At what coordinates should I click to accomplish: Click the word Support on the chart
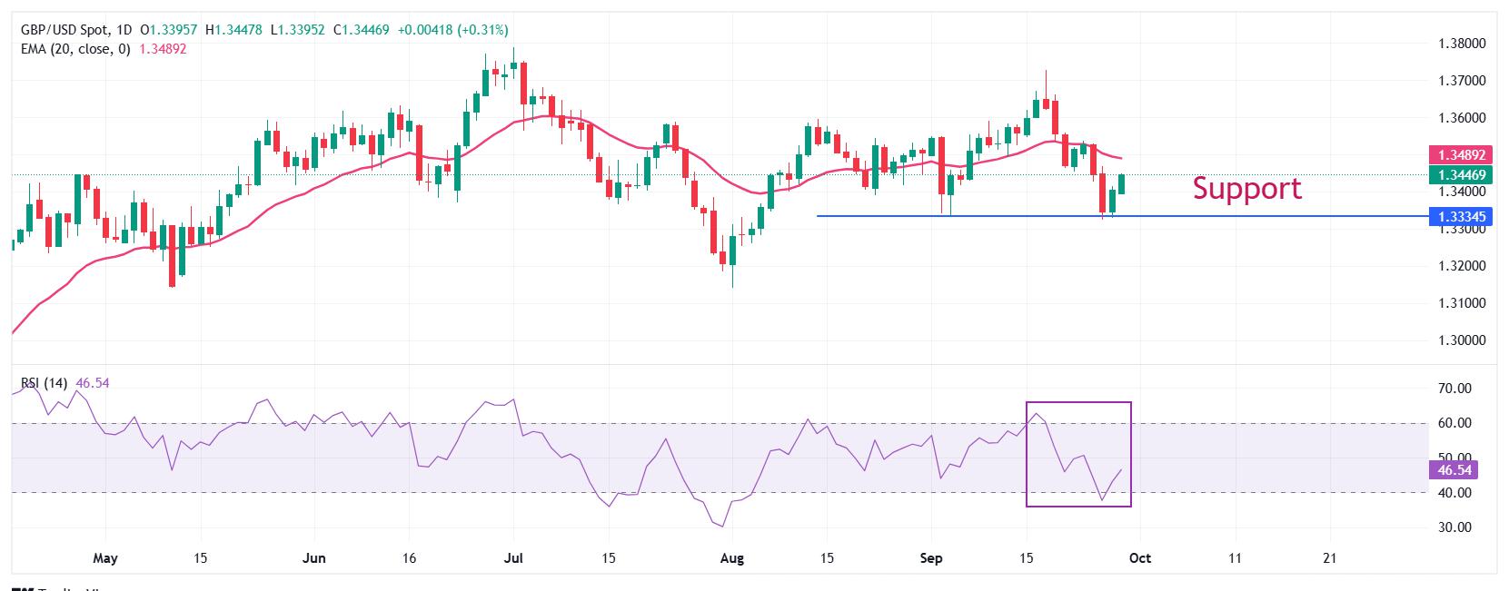coord(1246,188)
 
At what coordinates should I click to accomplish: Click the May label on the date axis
coord(106,558)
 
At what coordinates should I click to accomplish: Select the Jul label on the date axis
coord(513,558)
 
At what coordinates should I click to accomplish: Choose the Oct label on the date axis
coord(1139,558)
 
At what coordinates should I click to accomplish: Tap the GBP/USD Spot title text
coord(64,30)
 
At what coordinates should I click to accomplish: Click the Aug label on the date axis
coord(731,558)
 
